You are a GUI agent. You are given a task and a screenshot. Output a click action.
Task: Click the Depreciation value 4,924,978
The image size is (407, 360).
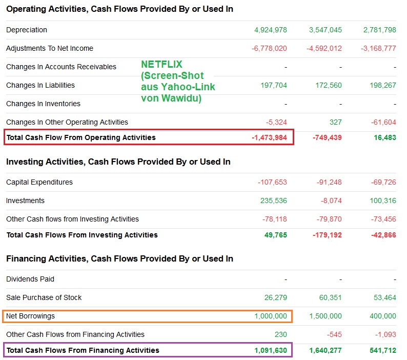click(270, 30)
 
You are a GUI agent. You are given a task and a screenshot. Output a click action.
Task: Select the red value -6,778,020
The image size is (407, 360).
click(269, 48)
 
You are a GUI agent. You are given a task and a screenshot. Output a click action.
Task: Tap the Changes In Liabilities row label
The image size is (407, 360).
click(40, 85)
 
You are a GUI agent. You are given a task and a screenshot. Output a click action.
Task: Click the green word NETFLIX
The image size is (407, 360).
click(161, 65)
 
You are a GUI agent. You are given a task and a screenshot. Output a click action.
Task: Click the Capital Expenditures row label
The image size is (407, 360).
click(39, 182)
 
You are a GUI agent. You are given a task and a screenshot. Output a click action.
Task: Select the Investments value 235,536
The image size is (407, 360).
click(273, 201)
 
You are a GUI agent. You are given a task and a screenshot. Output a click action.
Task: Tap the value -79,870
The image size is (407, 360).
click(328, 219)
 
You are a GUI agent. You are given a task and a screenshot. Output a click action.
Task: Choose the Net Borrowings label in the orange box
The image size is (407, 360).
click(30, 316)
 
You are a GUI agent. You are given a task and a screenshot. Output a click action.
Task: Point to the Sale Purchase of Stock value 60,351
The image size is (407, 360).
click(329, 297)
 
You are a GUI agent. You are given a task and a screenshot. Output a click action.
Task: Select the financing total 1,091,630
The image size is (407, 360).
click(270, 350)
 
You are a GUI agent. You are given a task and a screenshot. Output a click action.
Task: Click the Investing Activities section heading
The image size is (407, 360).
click(118, 162)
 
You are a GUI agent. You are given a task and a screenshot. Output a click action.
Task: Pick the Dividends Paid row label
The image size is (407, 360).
click(30, 279)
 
